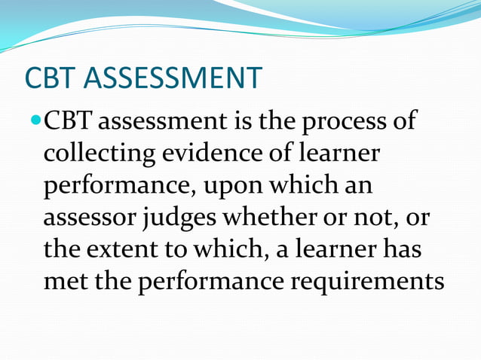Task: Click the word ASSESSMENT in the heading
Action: point(175,78)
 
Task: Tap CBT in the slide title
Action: point(53,78)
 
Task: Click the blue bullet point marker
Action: point(35,121)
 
